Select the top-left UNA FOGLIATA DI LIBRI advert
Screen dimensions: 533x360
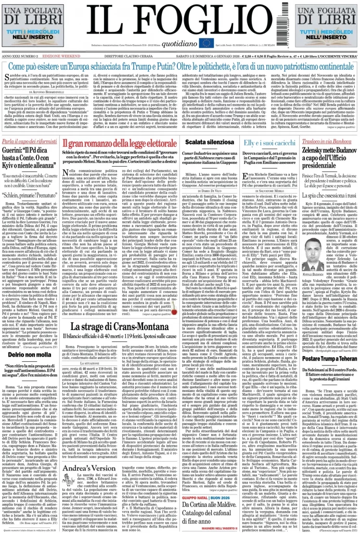(32, 27)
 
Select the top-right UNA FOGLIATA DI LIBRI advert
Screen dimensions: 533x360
(328, 27)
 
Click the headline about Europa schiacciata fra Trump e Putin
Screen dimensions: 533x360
(180, 67)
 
